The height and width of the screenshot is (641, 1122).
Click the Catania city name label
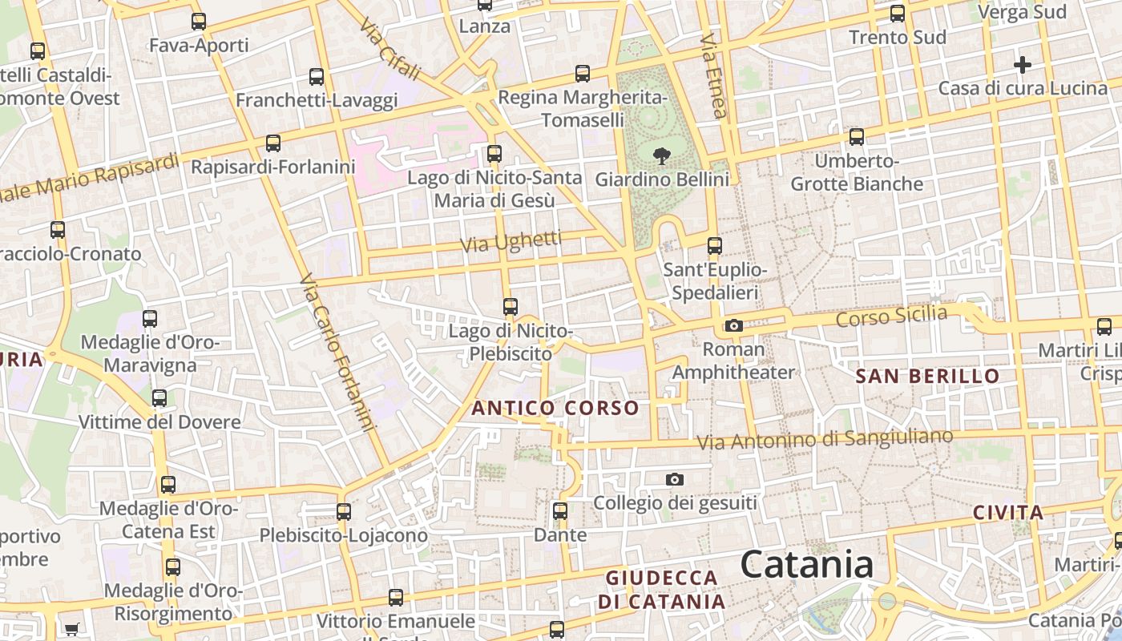(x=806, y=565)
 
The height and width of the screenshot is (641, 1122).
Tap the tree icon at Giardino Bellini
(x=661, y=155)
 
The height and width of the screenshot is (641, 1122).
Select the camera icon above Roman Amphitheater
(x=733, y=325)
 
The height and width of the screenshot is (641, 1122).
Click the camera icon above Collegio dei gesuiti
(x=675, y=479)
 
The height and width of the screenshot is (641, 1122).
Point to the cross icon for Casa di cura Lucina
(x=1023, y=64)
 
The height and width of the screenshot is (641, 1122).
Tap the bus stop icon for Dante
(x=560, y=510)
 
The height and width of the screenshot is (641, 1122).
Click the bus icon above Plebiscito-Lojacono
(x=344, y=511)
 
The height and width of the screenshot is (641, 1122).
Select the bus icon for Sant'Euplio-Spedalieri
(x=714, y=246)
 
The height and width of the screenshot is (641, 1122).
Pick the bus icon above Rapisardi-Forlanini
(x=273, y=143)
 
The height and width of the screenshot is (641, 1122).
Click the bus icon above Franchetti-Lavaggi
(x=317, y=77)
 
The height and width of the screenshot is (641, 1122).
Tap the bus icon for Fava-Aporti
(x=199, y=22)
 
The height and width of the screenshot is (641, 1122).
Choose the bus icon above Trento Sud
(x=898, y=14)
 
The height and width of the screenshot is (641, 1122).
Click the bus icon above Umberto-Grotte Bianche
(x=857, y=137)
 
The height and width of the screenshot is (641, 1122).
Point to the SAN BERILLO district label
(x=927, y=376)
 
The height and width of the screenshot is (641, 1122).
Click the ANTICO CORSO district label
(x=555, y=408)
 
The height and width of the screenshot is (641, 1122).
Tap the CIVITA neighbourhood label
(x=1008, y=513)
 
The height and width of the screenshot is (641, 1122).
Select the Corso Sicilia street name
(x=891, y=316)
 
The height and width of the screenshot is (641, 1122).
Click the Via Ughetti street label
(x=512, y=241)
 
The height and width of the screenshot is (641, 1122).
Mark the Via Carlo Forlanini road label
(x=337, y=353)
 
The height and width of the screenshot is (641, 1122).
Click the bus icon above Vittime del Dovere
(x=159, y=398)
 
